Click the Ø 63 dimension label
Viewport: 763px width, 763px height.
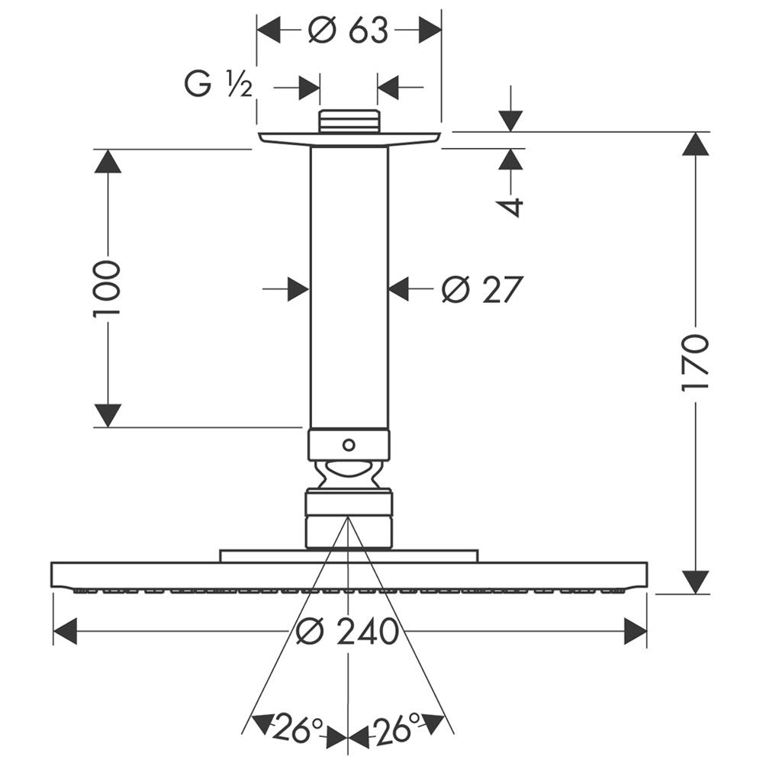(x=348, y=31)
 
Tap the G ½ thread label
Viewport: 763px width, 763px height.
(x=217, y=85)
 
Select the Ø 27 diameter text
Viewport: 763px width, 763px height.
(x=482, y=290)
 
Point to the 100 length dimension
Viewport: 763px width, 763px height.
(x=108, y=289)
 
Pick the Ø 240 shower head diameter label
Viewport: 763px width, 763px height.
(x=348, y=632)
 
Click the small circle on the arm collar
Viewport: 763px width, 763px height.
(x=349, y=444)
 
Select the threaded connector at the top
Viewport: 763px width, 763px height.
(x=349, y=121)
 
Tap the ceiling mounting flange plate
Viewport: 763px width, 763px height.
(x=349, y=138)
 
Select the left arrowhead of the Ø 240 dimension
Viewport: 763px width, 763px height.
(x=66, y=632)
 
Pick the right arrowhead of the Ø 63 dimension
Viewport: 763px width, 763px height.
(x=430, y=31)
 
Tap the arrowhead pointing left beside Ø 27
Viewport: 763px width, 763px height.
(x=400, y=290)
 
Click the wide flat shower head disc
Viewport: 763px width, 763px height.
(x=349, y=576)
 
